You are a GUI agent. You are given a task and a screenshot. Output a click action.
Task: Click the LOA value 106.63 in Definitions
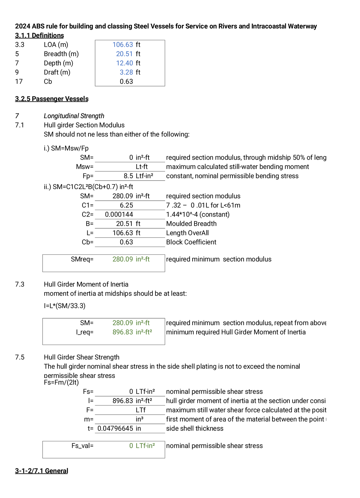[x=122, y=45]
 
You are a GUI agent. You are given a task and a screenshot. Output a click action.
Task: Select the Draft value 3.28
[x=126, y=72]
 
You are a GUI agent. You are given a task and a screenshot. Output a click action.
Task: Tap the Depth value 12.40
[x=124, y=63]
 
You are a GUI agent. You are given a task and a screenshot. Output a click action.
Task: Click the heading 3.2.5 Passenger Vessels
[x=52, y=99]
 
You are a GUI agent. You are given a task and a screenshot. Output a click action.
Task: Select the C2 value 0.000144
[x=119, y=214]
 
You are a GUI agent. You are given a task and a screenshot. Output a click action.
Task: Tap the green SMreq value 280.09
[x=122, y=259]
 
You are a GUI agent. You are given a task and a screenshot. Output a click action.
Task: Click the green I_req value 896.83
[x=122, y=332]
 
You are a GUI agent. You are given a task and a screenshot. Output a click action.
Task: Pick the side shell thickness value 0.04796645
[x=115, y=428]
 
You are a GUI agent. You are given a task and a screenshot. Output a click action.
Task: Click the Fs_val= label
[x=82, y=446]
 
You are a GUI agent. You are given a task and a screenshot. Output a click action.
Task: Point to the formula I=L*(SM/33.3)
[x=64, y=306]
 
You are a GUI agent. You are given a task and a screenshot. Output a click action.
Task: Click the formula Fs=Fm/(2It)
[x=61, y=382]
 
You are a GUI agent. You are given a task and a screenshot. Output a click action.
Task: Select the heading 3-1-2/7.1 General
[x=41, y=471]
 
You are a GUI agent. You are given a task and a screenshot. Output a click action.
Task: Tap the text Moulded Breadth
[x=191, y=224]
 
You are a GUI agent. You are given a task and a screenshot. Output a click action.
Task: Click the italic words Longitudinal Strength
[x=74, y=116]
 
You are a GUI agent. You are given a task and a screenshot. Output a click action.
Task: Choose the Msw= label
[x=85, y=167]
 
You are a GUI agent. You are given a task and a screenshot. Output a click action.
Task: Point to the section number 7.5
[x=19, y=357]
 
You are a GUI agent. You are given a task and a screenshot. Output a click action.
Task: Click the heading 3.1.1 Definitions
[x=39, y=35]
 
